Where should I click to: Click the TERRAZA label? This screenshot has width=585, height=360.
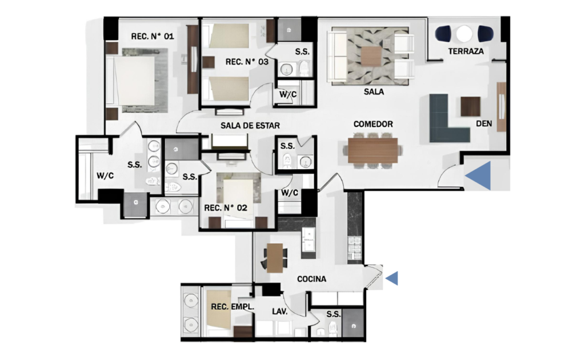[466, 51]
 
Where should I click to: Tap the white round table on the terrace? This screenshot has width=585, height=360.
[464, 34]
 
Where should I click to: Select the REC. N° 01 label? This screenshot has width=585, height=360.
[152, 36]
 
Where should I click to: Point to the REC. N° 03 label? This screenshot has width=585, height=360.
[247, 62]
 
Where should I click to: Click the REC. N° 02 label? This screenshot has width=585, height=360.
[226, 208]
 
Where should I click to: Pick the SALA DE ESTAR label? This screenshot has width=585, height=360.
[250, 125]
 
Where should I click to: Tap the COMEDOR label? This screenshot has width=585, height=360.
[373, 124]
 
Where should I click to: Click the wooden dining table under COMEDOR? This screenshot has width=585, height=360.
[372, 150]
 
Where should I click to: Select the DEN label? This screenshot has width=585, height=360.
[484, 123]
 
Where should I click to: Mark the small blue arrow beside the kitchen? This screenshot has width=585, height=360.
[392, 278]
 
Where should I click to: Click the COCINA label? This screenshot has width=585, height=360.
[311, 279]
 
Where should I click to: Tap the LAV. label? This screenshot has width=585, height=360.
[279, 311]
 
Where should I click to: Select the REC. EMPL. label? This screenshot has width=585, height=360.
[233, 307]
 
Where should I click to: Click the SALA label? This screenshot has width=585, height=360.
[374, 92]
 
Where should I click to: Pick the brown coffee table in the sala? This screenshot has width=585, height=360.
[372, 56]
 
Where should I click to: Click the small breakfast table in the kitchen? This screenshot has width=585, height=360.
[275, 258]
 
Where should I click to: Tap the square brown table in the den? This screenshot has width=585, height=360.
[471, 107]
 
